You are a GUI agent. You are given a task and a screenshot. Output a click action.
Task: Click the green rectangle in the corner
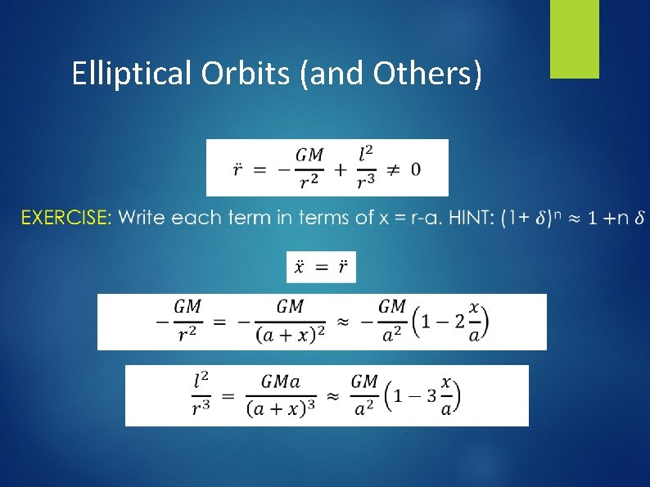point(574,38)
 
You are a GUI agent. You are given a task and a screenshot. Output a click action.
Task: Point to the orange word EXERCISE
point(66,218)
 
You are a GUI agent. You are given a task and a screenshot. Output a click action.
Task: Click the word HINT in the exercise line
point(470,218)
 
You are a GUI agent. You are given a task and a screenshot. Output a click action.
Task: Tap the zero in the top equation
point(416,169)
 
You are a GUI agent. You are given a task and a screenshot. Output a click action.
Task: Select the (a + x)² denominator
point(290,334)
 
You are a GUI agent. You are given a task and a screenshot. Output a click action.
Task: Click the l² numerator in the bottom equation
point(201,381)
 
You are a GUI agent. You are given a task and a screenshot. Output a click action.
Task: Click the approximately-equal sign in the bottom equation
point(332,396)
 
